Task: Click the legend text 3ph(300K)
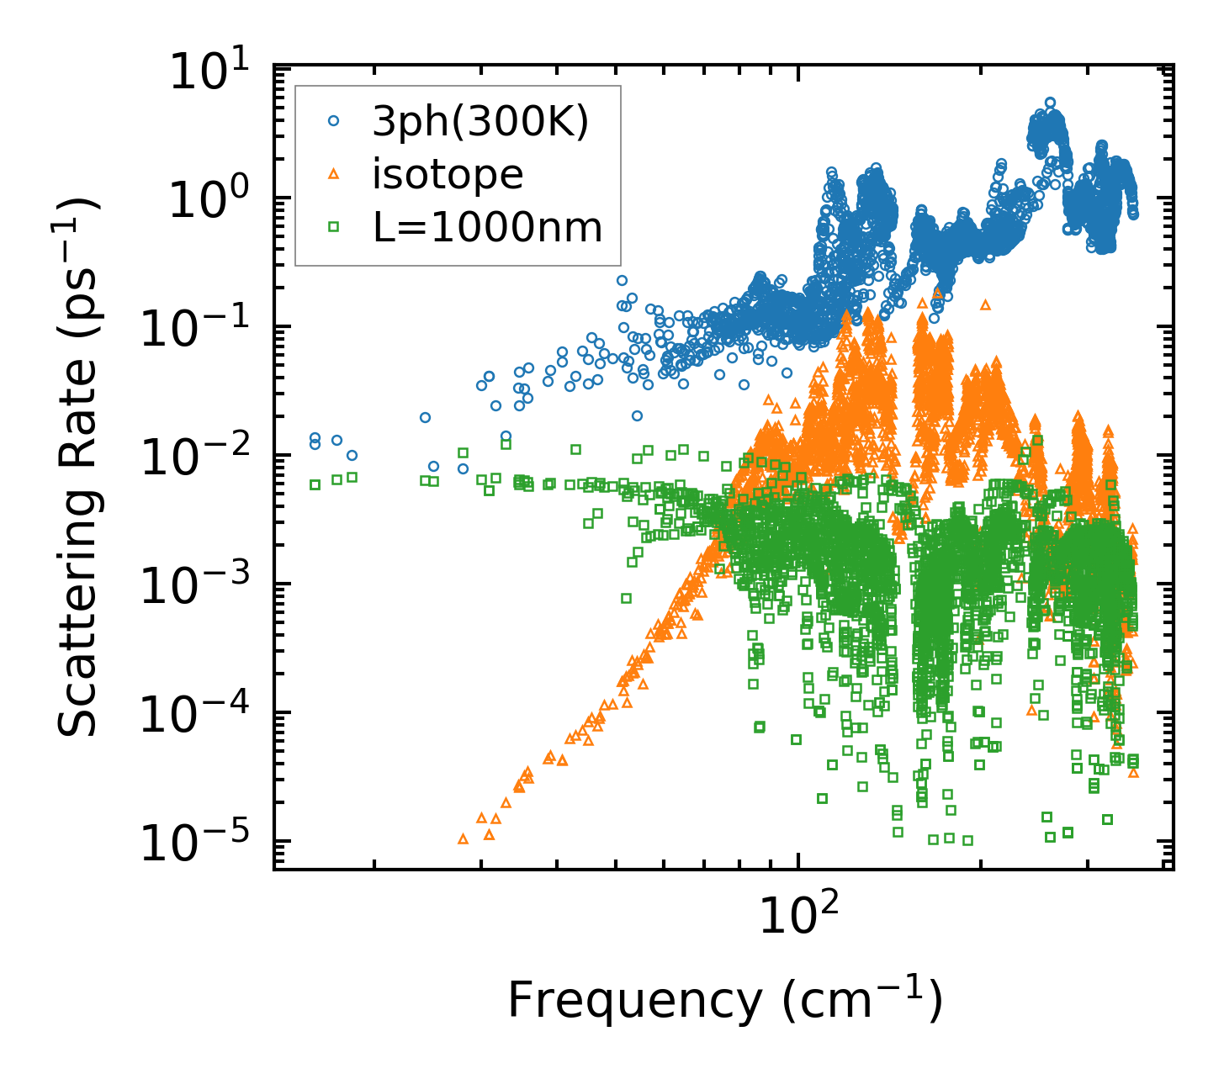(x=480, y=123)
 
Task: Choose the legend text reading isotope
(x=448, y=175)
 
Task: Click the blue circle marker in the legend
(x=334, y=122)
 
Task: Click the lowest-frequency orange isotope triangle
(x=463, y=838)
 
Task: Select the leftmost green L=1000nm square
(x=315, y=484)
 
